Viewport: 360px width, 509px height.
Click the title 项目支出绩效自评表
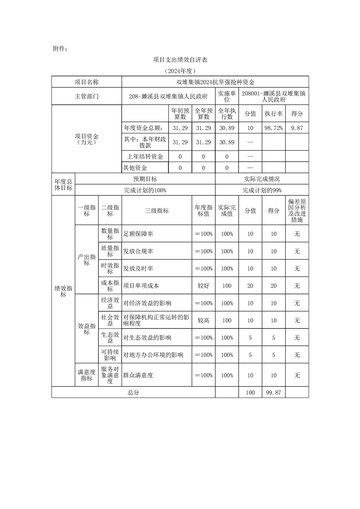point(180,60)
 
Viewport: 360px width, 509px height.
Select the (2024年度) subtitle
point(180,71)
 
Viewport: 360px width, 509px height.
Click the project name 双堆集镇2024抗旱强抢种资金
point(215,82)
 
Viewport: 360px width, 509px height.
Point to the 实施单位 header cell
point(227,96)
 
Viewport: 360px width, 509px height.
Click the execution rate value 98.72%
point(274,128)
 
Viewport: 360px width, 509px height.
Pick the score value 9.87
point(297,128)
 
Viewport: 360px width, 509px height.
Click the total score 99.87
point(274,392)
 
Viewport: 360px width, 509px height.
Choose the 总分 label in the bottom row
point(133,392)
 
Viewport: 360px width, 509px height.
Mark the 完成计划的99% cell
point(262,191)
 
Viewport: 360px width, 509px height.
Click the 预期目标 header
point(145,179)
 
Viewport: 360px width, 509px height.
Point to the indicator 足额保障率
point(138,234)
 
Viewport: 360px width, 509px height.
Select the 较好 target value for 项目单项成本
point(203,286)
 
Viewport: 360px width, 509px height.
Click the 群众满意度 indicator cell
point(138,375)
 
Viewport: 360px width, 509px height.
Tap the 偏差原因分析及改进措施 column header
point(297,210)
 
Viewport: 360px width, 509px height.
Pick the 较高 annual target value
point(203,320)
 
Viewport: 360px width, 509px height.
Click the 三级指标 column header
point(157,210)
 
